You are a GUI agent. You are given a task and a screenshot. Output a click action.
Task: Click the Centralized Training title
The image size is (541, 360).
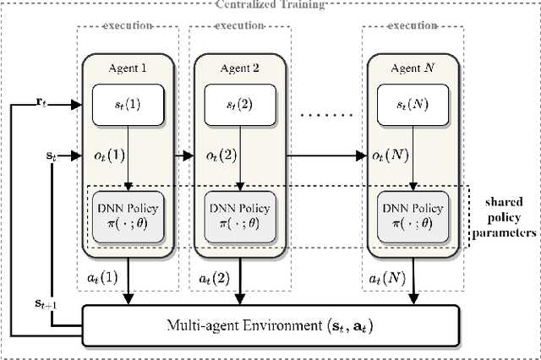pyautogui.click(x=270, y=4)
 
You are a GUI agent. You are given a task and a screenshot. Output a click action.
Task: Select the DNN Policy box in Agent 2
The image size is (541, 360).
pyautogui.click(x=239, y=215)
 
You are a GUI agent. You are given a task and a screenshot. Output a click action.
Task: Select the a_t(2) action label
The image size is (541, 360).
pyautogui.click(x=216, y=276)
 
